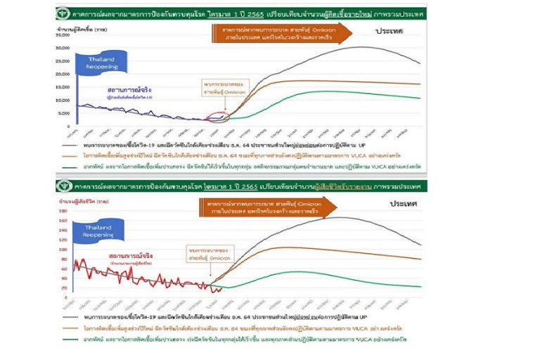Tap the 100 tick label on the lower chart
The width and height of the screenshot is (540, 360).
pos(63,250)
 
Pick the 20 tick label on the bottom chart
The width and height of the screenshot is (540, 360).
pos(64,288)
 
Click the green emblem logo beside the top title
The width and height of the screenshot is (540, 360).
pos(64,11)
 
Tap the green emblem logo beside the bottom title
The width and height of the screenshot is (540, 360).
pos(64,186)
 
